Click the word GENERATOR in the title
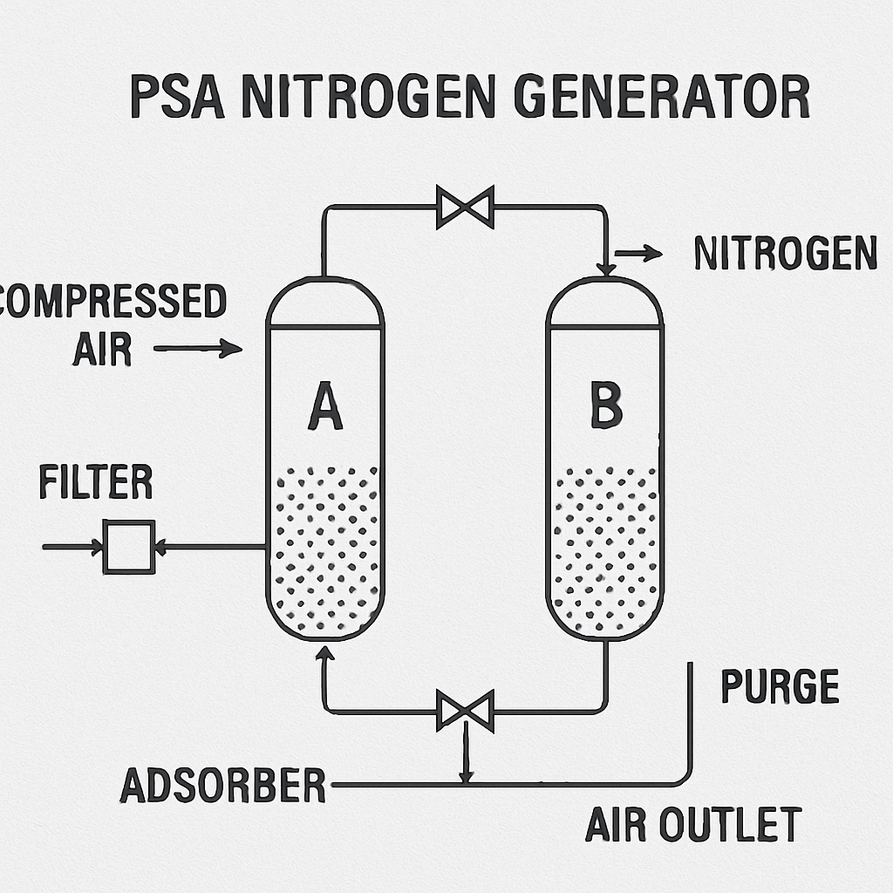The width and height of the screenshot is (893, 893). click(x=662, y=96)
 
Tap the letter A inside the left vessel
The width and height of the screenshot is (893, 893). click(x=325, y=406)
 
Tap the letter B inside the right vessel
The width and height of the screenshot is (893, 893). click(x=606, y=405)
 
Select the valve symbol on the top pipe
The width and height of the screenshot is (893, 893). click(x=465, y=207)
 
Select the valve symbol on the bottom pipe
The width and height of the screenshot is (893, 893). click(x=465, y=711)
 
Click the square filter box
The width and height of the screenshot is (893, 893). click(x=129, y=547)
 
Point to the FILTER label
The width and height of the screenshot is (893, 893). click(x=96, y=481)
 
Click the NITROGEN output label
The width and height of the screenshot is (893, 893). click(x=786, y=253)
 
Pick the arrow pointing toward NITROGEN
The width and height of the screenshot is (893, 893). click(x=638, y=253)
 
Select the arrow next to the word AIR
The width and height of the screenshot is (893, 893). click(x=198, y=348)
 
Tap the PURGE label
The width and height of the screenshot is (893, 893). click(x=780, y=686)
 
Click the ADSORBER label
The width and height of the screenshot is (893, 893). click(x=222, y=786)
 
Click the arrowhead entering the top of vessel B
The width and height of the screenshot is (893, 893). click(x=605, y=269)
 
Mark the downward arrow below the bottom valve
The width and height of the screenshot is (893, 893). click(x=467, y=752)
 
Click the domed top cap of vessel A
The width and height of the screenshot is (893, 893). click(x=325, y=279)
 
